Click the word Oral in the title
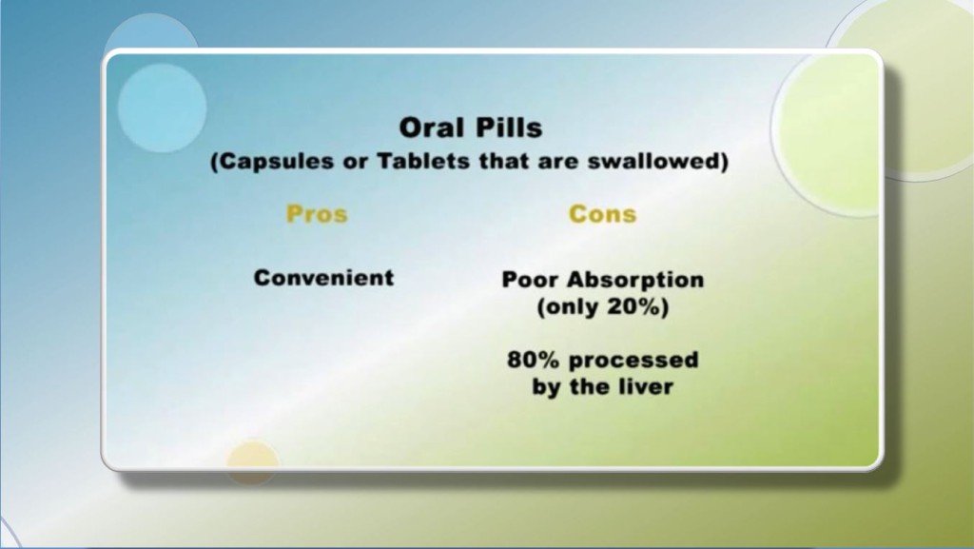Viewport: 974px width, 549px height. pyautogui.click(x=430, y=127)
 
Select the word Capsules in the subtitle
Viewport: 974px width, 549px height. pyautogui.click(x=272, y=162)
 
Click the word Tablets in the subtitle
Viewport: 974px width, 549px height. pyautogui.click(x=423, y=162)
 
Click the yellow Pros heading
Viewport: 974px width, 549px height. pyautogui.click(x=317, y=214)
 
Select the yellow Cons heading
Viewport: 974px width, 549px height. pyautogui.click(x=602, y=214)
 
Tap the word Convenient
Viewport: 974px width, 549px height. pyautogui.click(x=323, y=278)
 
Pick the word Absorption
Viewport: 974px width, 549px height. pyautogui.click(x=636, y=280)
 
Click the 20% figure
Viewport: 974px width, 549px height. pyautogui.click(x=642, y=306)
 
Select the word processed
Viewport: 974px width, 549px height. pyautogui.click(x=633, y=361)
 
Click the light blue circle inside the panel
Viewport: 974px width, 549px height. pyautogui.click(x=162, y=108)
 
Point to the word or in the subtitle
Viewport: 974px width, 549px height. pyautogui.click(x=356, y=164)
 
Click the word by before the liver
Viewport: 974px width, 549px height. pyautogui.click(x=547, y=387)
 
